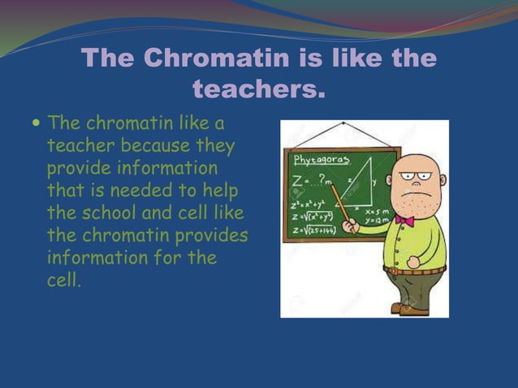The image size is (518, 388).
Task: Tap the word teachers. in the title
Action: point(258,88)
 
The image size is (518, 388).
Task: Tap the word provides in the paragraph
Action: point(214,236)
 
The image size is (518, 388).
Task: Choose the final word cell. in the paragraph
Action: point(64,282)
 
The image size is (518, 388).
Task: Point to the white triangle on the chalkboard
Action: point(358,183)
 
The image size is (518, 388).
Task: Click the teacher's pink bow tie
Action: point(405,221)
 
